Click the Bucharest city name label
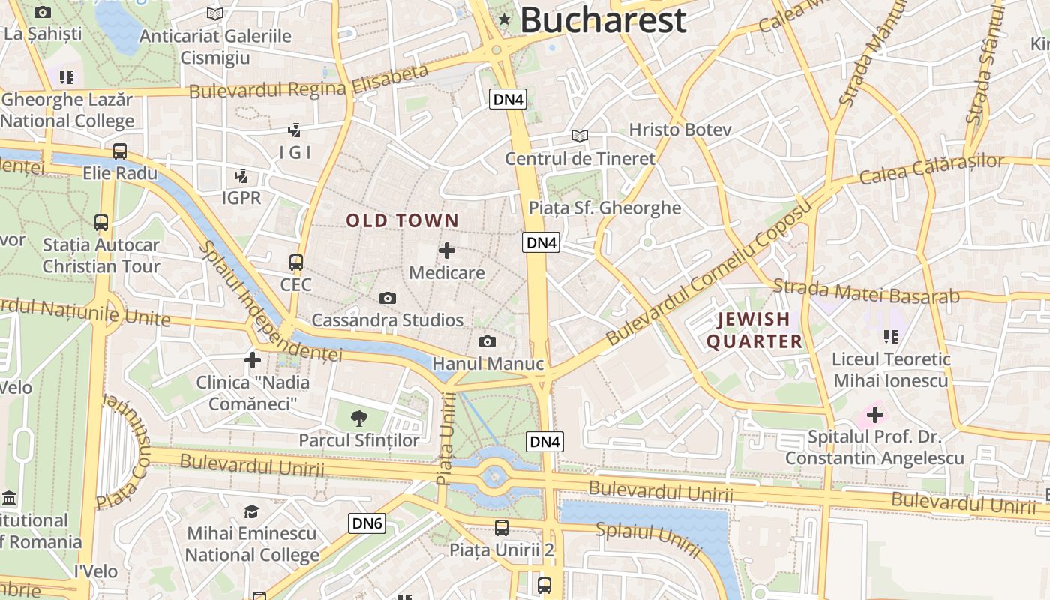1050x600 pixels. [x=603, y=19]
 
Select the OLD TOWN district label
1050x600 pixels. [x=402, y=220]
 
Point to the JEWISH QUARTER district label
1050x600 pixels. [x=754, y=330]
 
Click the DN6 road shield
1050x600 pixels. [x=367, y=523]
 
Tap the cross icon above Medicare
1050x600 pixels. [x=447, y=250]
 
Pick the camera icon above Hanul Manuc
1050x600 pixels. [x=487, y=342]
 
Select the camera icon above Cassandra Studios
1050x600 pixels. [x=387, y=298]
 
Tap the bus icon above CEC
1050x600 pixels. [x=296, y=262]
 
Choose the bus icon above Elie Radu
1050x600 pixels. [x=120, y=151]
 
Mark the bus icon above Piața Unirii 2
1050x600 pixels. [x=502, y=528]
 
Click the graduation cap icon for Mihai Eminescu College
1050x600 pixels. [x=252, y=511]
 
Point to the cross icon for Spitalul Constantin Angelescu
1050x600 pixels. [x=874, y=414]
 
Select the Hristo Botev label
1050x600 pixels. [x=679, y=130]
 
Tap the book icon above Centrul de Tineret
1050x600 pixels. [x=579, y=136]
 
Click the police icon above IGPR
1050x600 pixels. [x=241, y=176]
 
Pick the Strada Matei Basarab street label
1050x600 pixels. [x=866, y=291]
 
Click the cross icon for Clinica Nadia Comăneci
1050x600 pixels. [x=253, y=360]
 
